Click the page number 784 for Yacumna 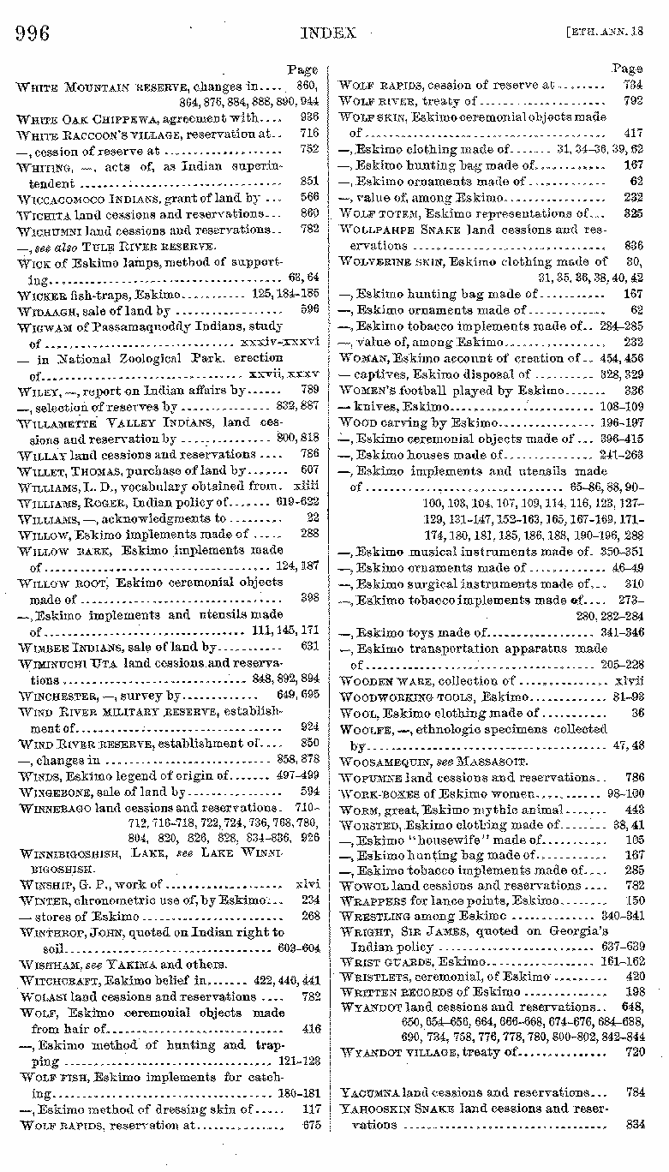[635, 1092]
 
